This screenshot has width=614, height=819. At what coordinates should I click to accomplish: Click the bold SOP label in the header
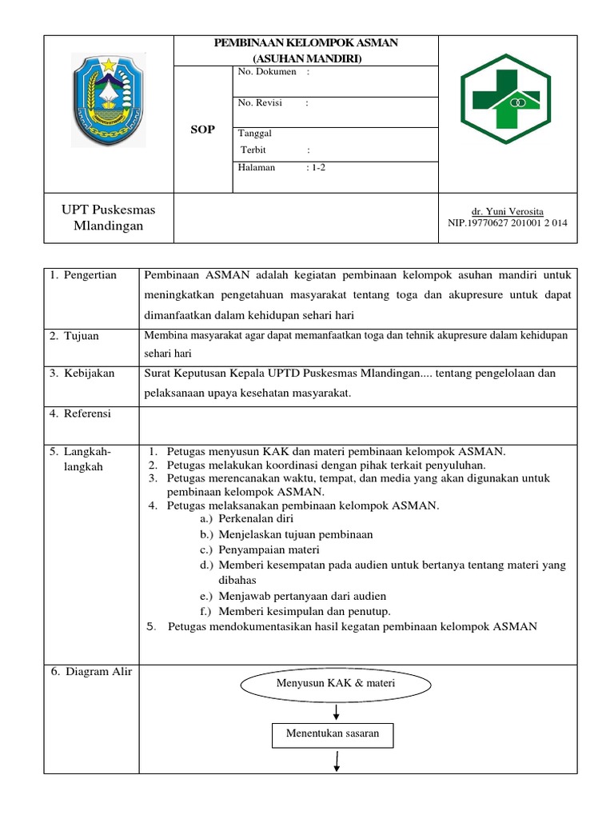pyautogui.click(x=203, y=130)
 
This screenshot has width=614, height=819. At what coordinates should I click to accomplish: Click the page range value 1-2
pyautogui.click(x=315, y=168)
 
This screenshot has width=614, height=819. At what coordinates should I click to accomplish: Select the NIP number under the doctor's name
pyautogui.click(x=508, y=223)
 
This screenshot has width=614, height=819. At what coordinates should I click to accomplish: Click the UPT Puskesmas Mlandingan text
pyautogui.click(x=109, y=218)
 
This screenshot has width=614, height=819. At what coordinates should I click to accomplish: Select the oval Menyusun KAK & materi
pyautogui.click(x=336, y=684)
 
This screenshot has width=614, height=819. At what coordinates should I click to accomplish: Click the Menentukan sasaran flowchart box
pyautogui.click(x=333, y=734)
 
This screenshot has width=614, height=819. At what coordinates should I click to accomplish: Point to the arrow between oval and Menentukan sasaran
pyautogui.click(x=337, y=712)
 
